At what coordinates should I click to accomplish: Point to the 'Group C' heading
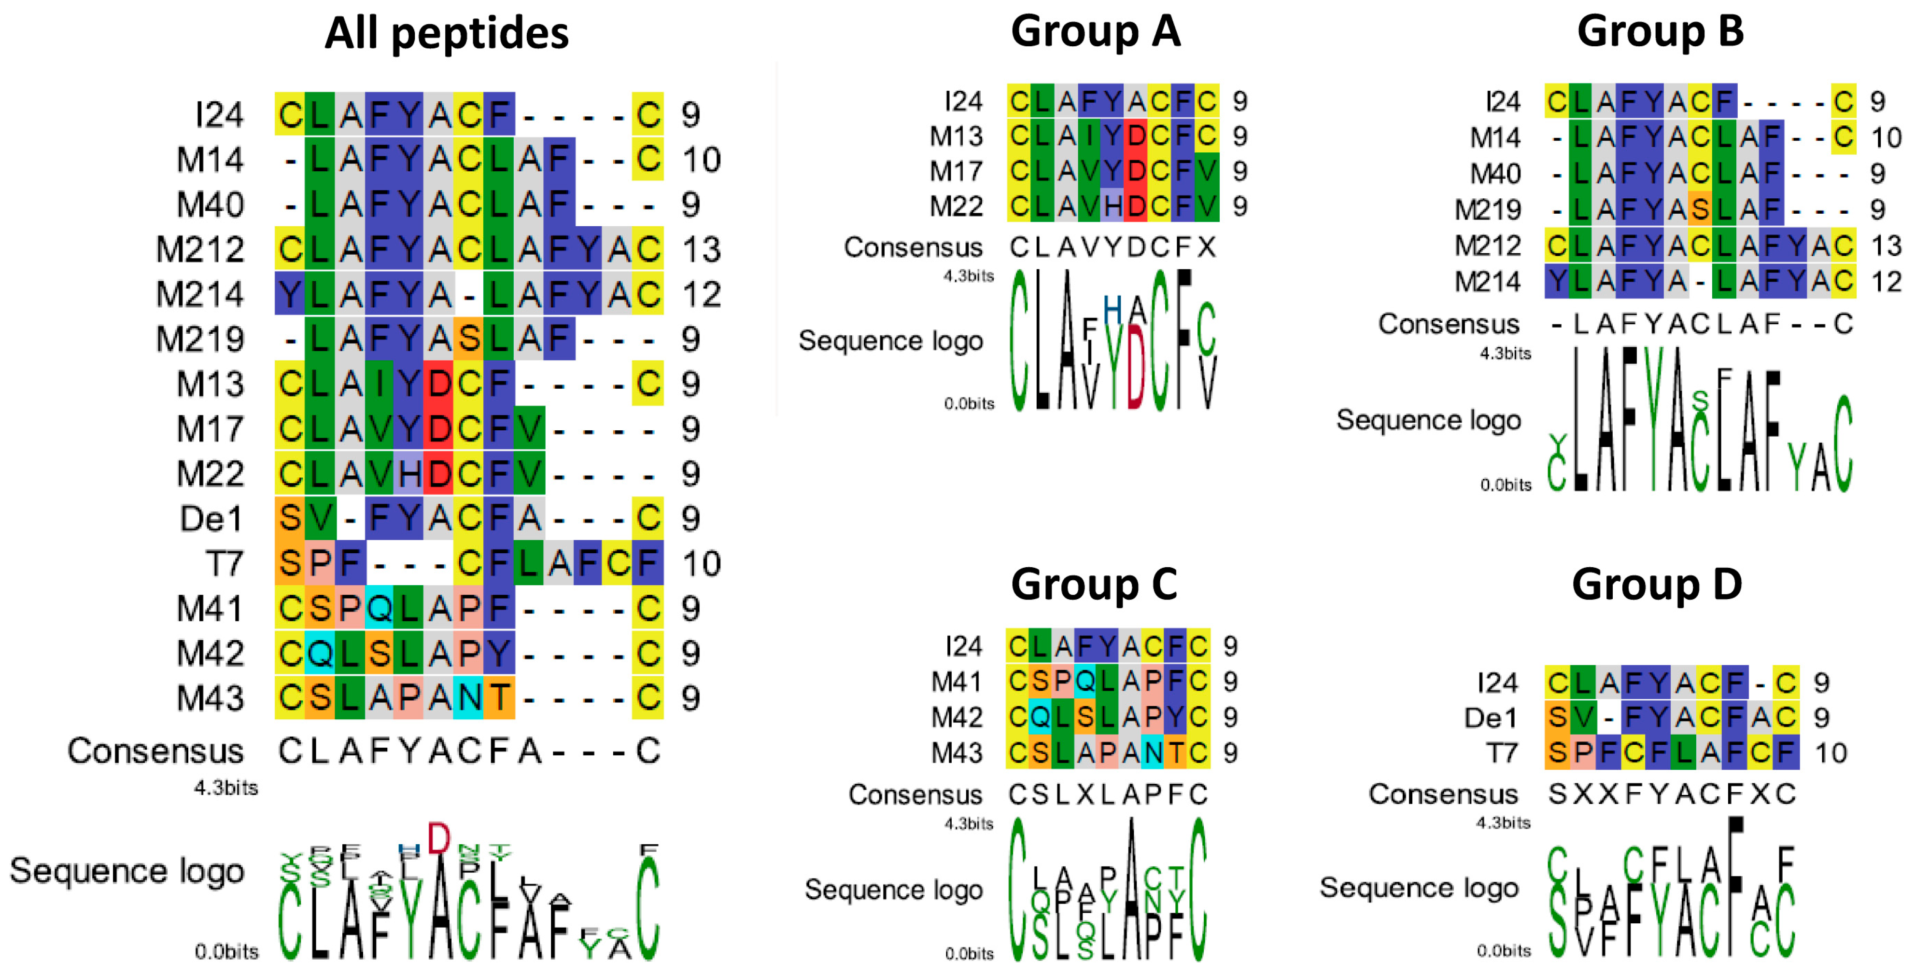(1094, 585)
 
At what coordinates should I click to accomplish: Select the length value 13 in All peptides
(701, 249)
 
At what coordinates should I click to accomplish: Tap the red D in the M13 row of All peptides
(439, 384)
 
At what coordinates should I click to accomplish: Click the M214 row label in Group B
(1487, 282)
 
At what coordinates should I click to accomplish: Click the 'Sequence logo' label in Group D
(1419, 888)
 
